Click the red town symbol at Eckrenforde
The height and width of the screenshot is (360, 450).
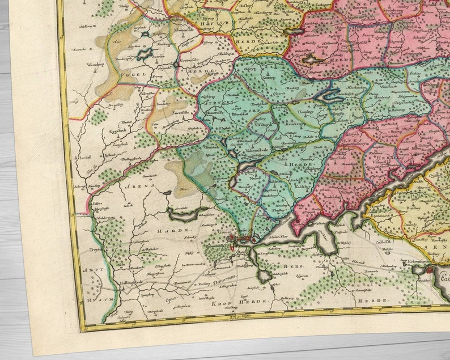(x=430, y=272)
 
